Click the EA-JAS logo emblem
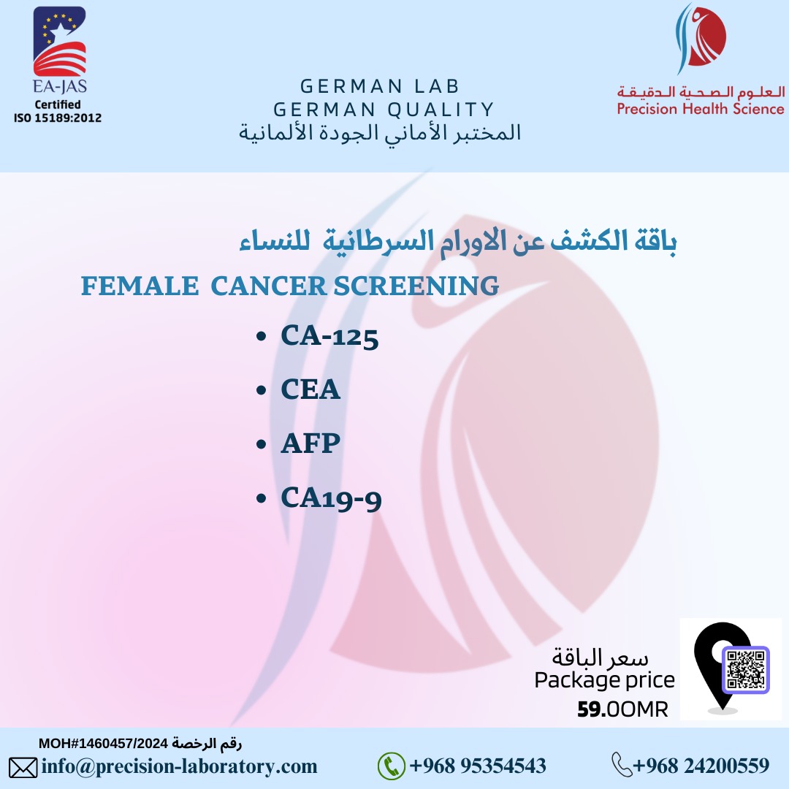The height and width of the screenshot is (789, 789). pyautogui.click(x=59, y=41)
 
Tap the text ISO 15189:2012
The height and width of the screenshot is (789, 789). pyautogui.click(x=58, y=118)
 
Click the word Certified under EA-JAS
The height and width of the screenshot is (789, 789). pyautogui.click(x=58, y=104)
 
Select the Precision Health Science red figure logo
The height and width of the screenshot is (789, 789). pyautogui.click(x=701, y=38)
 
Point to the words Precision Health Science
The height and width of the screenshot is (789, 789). pyautogui.click(x=701, y=109)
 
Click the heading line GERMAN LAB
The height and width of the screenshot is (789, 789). pyautogui.click(x=380, y=86)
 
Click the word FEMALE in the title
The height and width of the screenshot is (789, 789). pyautogui.click(x=140, y=286)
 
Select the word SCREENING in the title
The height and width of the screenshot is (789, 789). pyautogui.click(x=416, y=286)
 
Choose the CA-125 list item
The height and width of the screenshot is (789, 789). pyautogui.click(x=329, y=335)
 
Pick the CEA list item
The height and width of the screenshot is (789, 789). pyautogui.click(x=310, y=389)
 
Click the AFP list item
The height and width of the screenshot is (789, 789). pyautogui.click(x=310, y=443)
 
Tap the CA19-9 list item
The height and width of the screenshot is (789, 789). pyautogui.click(x=331, y=498)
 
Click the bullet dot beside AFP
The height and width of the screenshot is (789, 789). pyautogui.click(x=261, y=444)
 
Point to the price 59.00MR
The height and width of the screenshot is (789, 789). pyautogui.click(x=622, y=709)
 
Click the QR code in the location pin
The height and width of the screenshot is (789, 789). pyautogui.click(x=746, y=669)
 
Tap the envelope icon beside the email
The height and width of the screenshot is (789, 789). pyautogui.click(x=23, y=768)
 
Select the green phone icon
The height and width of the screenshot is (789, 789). pyautogui.click(x=391, y=766)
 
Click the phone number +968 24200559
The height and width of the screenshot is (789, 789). pyautogui.click(x=701, y=766)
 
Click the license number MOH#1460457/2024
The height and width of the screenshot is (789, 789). pyautogui.click(x=103, y=743)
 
